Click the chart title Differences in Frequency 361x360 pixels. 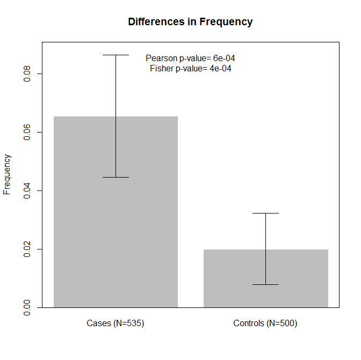coord(190,22)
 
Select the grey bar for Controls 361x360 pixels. coord(265,278)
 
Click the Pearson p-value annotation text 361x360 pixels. coord(190,58)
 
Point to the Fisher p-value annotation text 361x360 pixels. coord(190,68)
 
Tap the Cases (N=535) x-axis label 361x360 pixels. coord(115,324)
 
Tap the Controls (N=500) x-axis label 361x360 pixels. coord(265,324)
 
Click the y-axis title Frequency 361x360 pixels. coord(7,174)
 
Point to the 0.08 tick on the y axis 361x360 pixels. coord(27,74)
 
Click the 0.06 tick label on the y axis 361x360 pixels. coord(27,132)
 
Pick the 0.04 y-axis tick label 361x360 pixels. coord(27,190)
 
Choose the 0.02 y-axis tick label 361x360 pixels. coord(27,249)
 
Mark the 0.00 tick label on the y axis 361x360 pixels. coord(27,307)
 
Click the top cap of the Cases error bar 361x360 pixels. coord(115,55)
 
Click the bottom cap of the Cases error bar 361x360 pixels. coord(115,177)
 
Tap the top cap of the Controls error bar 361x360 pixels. coord(265,213)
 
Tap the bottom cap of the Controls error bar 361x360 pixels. coord(265,284)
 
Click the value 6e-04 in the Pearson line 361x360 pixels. coord(224,58)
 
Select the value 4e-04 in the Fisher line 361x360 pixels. coord(220,68)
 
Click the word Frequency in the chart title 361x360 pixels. coord(226,22)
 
